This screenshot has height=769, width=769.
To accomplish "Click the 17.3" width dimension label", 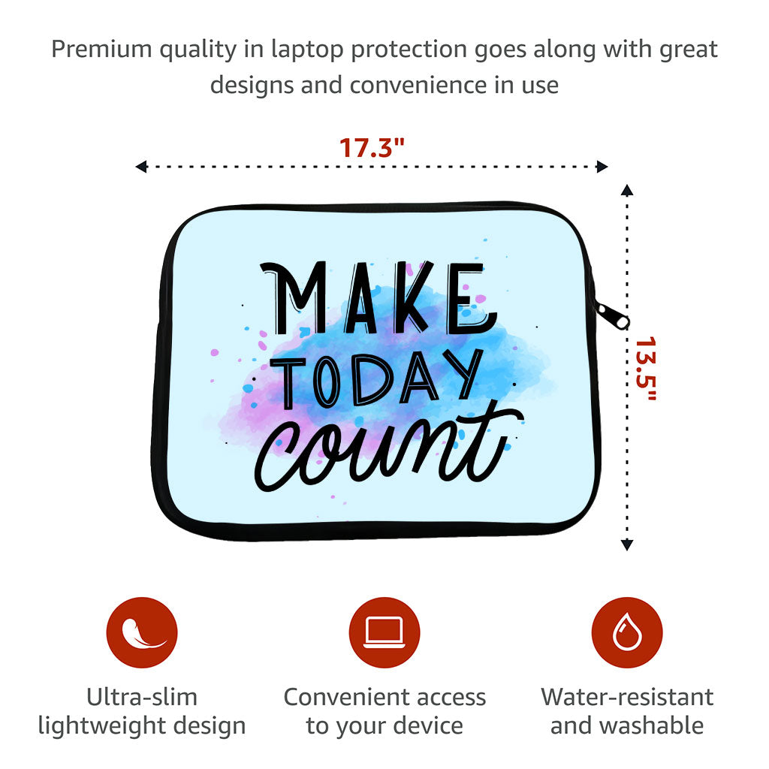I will (372, 146).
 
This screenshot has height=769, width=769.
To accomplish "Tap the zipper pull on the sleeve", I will (611, 315).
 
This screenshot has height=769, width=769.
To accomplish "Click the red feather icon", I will (142, 632).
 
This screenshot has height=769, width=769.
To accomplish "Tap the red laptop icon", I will (384, 632).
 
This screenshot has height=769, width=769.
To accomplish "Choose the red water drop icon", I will (626, 632).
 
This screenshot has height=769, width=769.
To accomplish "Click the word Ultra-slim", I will (142, 697).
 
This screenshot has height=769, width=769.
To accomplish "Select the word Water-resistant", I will (627, 697).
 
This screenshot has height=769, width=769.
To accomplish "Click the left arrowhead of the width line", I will (140, 167).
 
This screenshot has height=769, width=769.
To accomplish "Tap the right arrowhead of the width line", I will (602, 167).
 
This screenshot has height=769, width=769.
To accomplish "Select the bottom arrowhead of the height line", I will (627, 545).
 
